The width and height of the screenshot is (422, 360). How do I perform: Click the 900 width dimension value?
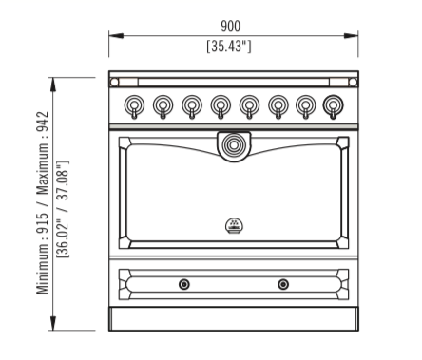(230, 26)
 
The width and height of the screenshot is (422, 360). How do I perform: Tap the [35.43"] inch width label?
(229, 47)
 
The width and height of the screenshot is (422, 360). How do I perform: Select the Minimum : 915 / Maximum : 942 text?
(42, 202)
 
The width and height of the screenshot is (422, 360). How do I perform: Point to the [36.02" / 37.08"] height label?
(63, 209)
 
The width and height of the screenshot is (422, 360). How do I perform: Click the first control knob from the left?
(134, 106)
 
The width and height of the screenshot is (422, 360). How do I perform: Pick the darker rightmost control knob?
(333, 106)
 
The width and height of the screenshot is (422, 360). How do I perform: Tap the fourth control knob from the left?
(221, 106)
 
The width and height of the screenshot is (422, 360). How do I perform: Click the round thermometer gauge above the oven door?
(234, 145)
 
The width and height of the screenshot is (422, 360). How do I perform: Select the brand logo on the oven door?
(234, 226)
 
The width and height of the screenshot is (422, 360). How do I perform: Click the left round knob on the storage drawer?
(184, 284)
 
